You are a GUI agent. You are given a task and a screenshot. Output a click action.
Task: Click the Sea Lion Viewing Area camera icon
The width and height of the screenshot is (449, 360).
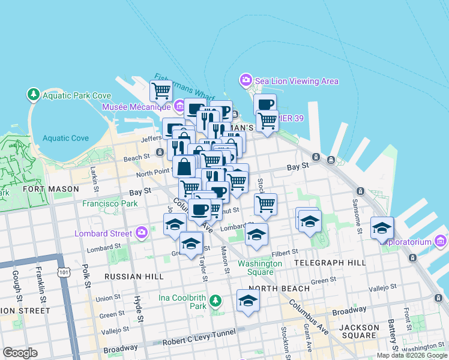click(246, 80)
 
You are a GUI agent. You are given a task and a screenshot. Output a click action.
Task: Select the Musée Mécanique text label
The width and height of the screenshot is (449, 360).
click(137, 107)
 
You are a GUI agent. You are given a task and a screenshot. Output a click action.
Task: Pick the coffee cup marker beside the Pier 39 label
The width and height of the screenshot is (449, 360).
click(265, 104)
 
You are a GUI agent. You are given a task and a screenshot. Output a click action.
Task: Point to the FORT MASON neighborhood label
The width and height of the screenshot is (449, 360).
click(50, 189)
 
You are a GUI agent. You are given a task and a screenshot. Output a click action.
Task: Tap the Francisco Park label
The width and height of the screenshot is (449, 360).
click(110, 203)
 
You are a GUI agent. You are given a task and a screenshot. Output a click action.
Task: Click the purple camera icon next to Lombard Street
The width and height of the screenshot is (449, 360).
click(142, 233)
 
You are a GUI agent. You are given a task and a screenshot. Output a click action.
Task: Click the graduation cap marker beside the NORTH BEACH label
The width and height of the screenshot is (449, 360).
click(247, 301)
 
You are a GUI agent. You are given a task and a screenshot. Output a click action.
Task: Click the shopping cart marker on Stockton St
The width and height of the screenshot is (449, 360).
click(265, 203)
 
